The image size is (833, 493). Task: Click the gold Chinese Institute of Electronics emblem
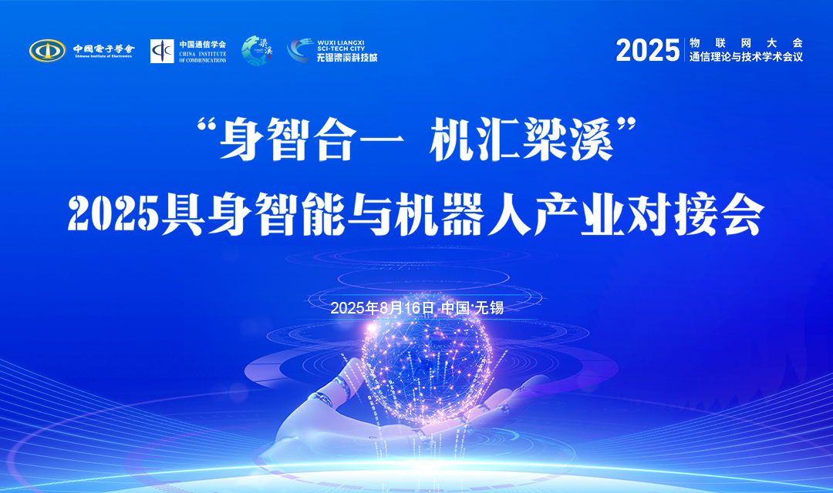[48, 50]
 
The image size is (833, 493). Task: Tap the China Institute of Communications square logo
[162, 51]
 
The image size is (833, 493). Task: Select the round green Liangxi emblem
[257, 50]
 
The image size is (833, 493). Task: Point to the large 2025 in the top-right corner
[647, 51]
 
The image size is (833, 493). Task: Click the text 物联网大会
[746, 42]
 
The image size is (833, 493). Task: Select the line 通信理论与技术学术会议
[746, 57]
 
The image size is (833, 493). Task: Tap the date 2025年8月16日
[383, 308]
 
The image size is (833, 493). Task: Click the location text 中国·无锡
[472, 308]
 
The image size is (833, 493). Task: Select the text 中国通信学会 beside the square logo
[202, 43]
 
